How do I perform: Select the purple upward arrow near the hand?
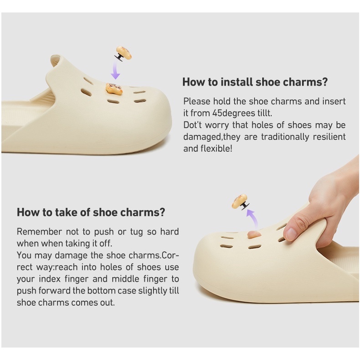click(252, 219)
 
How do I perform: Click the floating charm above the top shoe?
click(123, 53)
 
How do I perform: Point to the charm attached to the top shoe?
click(114, 89)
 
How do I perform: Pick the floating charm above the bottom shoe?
click(240, 201)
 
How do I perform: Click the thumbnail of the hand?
click(291, 233)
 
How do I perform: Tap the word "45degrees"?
click(234, 113)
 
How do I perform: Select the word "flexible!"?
click(216, 149)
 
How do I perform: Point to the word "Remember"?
click(39, 231)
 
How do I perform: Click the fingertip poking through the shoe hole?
click(254, 235)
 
